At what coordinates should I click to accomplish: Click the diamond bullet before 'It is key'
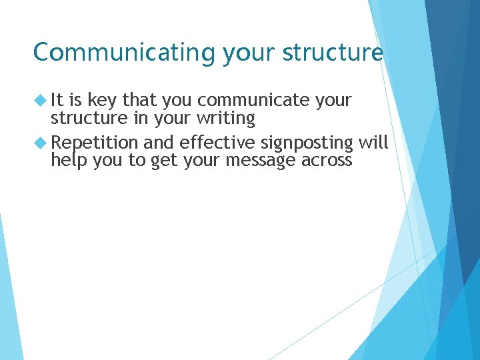coord(41,101)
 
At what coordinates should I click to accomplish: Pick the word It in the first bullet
coord(58,100)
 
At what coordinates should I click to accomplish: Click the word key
coord(103,101)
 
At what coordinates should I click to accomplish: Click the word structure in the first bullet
coord(83,118)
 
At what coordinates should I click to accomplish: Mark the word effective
coord(217,143)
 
